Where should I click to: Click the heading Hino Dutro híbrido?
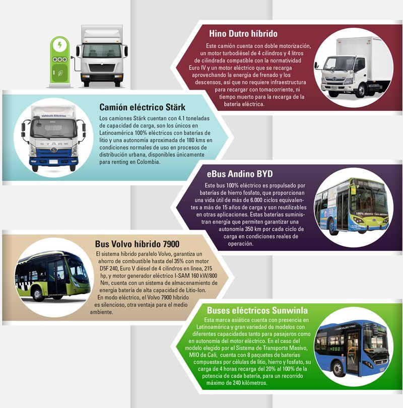(243, 34)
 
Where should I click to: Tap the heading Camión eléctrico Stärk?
(143, 107)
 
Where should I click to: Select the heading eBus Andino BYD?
(240, 174)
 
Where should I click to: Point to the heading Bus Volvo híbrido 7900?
(137, 244)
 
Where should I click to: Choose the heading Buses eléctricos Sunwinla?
(257, 310)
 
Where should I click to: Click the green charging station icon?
(60, 61)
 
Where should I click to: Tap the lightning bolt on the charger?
(60, 45)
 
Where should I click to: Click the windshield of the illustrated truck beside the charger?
(102, 51)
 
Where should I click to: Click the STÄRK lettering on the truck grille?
(54, 144)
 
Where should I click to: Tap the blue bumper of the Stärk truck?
(54, 162)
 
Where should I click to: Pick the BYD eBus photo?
(353, 207)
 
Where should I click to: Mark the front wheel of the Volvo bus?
(37, 295)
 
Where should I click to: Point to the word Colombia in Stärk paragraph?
(148, 162)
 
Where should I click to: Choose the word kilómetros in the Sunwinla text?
(254, 383)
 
